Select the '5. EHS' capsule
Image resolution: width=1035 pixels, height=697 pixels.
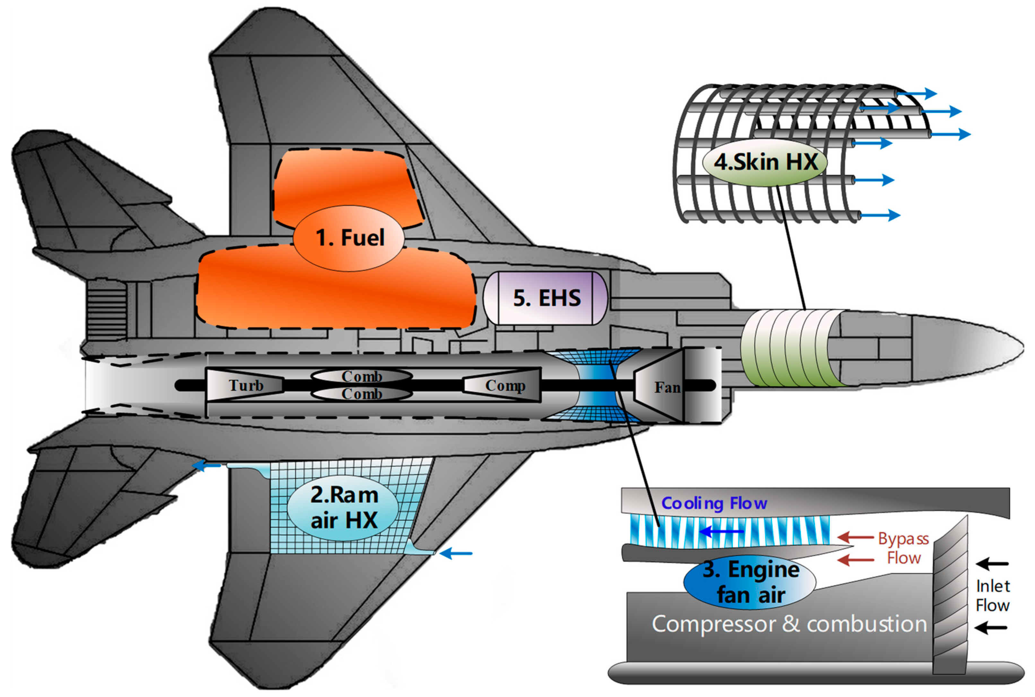pos(546,298)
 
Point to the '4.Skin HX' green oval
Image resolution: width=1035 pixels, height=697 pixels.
pos(765,162)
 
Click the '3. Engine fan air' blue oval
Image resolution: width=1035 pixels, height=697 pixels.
pos(750,582)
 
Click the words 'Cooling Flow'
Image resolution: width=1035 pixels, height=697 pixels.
pos(714,503)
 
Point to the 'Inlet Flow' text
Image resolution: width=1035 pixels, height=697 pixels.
pos(992,596)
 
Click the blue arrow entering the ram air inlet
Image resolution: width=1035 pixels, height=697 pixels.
pos(456,553)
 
